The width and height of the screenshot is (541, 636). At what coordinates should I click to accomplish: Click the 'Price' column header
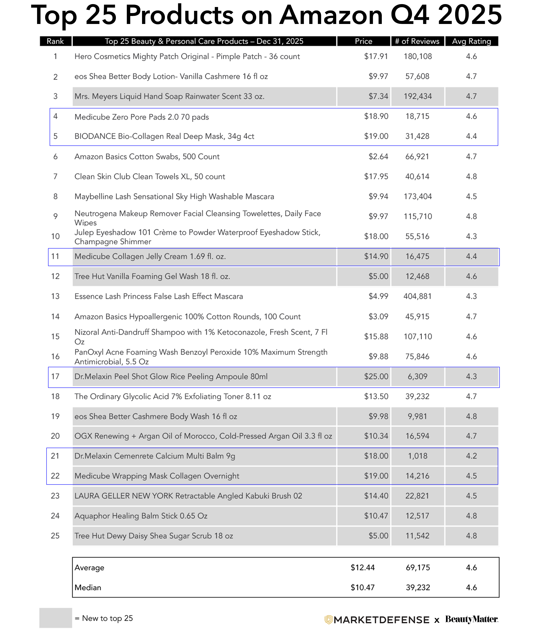point(363,41)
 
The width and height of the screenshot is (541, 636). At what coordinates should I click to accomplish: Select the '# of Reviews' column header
point(417,41)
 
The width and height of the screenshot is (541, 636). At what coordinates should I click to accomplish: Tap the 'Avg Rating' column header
point(471,41)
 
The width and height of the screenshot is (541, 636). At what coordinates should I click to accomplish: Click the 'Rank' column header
point(55,41)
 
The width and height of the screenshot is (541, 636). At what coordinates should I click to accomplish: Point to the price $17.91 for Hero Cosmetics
point(376,56)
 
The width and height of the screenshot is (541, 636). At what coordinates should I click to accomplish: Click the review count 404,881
point(417,296)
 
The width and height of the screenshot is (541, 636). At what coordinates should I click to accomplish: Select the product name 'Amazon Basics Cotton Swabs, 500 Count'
point(147,156)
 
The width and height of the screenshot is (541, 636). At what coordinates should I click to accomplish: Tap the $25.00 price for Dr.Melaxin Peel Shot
point(376,376)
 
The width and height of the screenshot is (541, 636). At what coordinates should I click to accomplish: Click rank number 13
point(55,296)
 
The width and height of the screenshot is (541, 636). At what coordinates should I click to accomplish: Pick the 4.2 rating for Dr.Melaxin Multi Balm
point(471,456)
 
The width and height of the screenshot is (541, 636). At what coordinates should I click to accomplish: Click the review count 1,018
point(417,456)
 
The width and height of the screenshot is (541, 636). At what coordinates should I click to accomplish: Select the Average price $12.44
point(362,568)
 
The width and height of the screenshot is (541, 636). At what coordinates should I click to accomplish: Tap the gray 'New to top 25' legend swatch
point(56,618)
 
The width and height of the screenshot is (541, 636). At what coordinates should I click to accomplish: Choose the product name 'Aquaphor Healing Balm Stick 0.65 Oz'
point(141,516)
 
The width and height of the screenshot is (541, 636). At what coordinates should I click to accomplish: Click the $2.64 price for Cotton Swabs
point(378,156)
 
